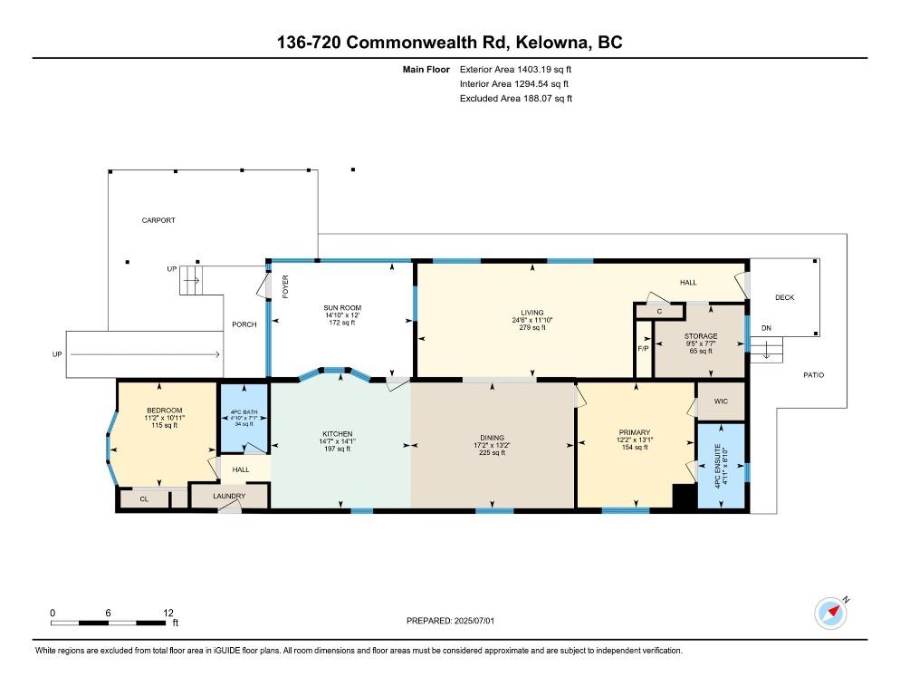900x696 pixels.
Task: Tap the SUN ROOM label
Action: (342, 308)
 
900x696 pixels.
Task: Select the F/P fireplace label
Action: (643, 348)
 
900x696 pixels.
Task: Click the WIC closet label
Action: (721, 401)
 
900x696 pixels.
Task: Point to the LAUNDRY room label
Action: (229, 496)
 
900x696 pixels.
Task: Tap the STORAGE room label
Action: (700, 336)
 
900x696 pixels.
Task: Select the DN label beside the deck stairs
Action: (765, 328)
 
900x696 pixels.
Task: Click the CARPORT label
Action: (158, 220)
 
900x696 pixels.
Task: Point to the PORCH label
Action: (244, 324)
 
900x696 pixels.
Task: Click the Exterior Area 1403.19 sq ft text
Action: (516, 69)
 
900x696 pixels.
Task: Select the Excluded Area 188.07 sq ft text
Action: (516, 98)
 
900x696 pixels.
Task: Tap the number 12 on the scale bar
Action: (168, 613)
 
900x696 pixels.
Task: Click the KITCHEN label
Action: (337, 434)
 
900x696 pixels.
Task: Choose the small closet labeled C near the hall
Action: (659, 312)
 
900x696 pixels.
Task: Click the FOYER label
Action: (284, 288)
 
